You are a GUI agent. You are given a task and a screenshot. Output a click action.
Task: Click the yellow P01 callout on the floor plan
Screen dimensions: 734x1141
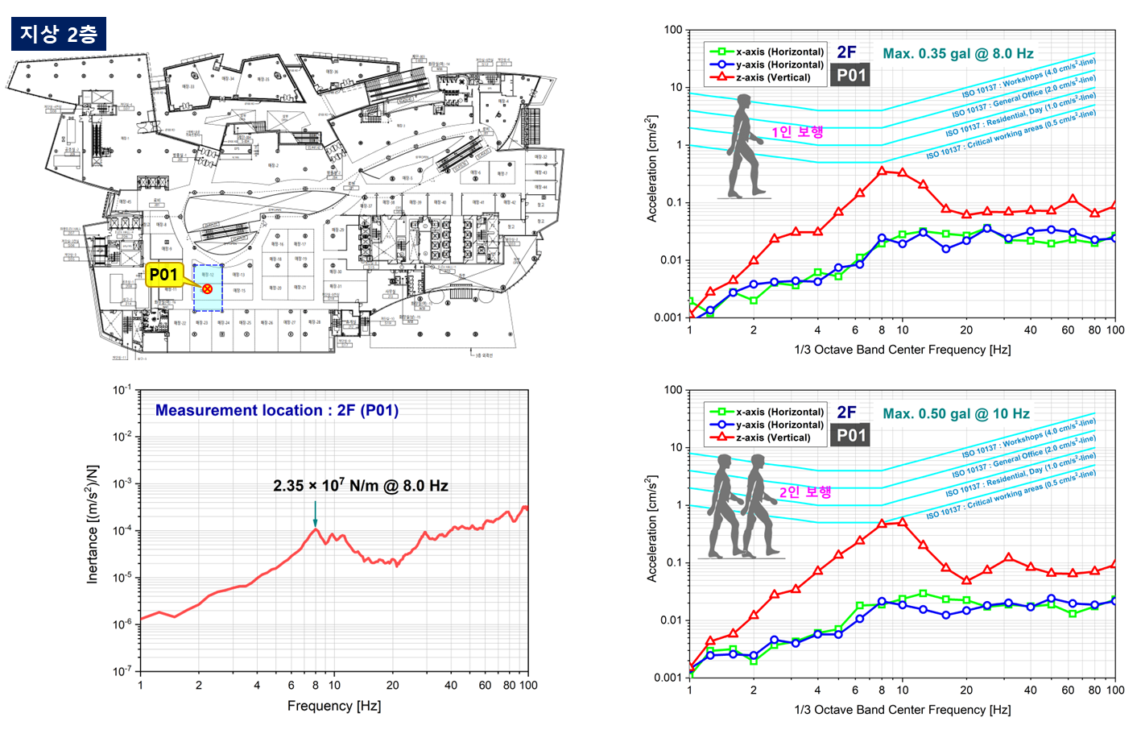coord(163,275)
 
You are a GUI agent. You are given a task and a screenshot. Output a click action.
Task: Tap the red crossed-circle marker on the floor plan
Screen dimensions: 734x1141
coord(207,288)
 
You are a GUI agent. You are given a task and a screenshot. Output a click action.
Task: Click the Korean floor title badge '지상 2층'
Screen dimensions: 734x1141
coord(59,34)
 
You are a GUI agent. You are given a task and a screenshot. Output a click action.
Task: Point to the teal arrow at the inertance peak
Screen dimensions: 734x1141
coord(315,513)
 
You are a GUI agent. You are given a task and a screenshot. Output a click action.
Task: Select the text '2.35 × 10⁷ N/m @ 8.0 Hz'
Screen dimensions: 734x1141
coord(360,486)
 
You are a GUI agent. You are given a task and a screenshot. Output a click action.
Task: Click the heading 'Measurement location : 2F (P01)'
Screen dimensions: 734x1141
coord(276,410)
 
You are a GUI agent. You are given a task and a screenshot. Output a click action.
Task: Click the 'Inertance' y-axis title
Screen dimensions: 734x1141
coord(93,524)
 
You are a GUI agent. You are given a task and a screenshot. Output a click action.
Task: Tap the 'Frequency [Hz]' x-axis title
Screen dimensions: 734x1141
coord(333,706)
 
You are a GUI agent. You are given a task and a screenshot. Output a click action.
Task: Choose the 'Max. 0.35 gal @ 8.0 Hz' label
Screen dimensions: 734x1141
coord(957,54)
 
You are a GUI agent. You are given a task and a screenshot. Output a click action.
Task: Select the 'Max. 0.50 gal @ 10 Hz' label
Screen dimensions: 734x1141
coord(956,414)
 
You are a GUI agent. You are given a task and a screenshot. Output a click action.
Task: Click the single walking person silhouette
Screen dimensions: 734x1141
coord(744,147)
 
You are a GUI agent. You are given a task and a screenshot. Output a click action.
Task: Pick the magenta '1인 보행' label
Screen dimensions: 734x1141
coord(797,132)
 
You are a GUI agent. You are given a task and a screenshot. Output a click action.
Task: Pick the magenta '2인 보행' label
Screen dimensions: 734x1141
coord(804,492)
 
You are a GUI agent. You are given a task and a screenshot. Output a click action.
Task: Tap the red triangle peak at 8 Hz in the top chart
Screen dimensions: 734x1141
coord(882,171)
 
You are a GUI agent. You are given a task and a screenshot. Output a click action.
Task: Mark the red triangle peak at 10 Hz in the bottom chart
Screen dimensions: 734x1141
coord(902,522)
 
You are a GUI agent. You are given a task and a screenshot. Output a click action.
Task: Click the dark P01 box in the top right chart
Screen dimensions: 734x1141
coord(850,76)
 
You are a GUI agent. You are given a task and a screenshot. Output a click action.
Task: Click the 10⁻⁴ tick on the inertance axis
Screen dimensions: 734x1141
coord(122,531)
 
